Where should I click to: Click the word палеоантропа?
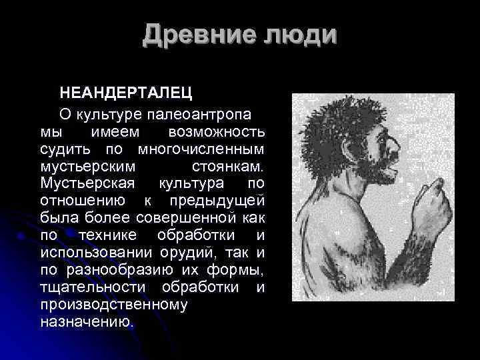(x=199, y=110)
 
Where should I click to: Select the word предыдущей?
(x=218, y=201)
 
